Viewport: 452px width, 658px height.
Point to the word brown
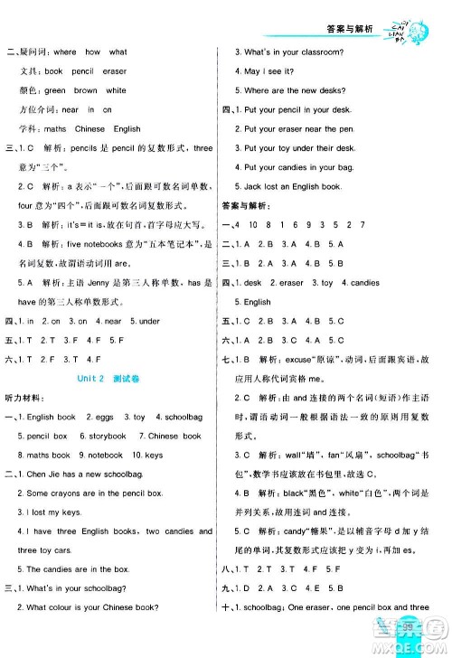[86, 90]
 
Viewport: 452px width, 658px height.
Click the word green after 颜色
[55, 90]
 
